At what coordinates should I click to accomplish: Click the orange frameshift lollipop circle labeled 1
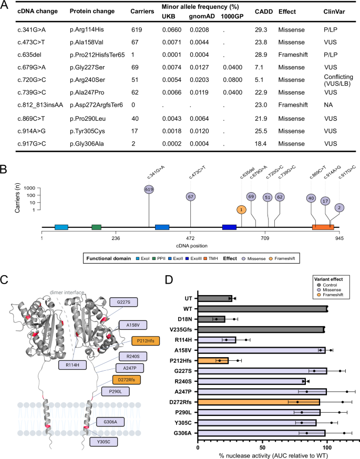tap(241, 210)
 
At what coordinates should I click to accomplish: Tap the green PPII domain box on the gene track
tap(96, 227)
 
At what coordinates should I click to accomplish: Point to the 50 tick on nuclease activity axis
tap(262, 448)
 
